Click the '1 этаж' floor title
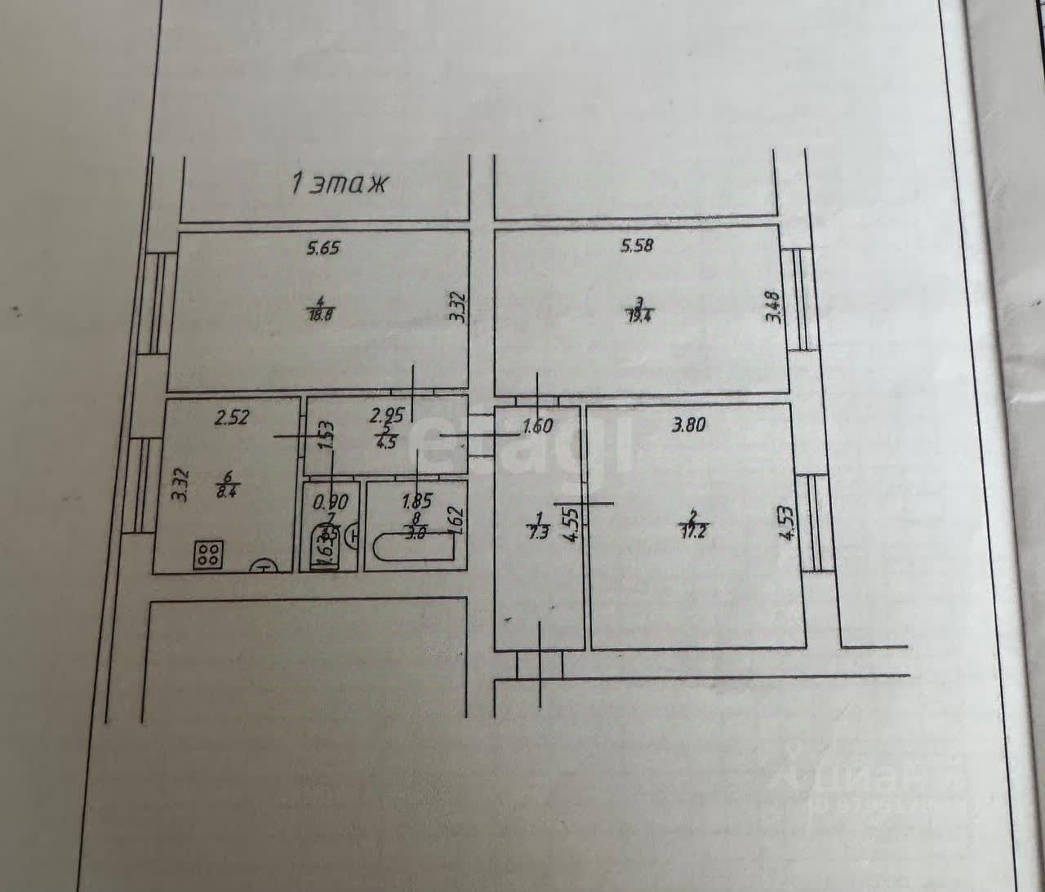pos(338,184)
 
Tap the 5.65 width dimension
pos(322,248)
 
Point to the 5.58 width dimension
pos(637,245)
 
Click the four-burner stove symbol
pos(208,555)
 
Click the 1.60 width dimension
pos(537,425)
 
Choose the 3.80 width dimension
pos(688,424)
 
